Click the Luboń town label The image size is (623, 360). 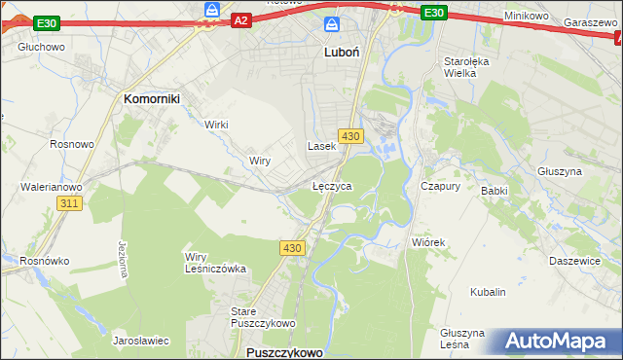pyautogui.click(x=342, y=54)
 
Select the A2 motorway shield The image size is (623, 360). pyautogui.click(x=242, y=19)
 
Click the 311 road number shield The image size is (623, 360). pyautogui.click(x=68, y=203)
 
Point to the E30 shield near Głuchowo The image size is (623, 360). pyautogui.click(x=46, y=22)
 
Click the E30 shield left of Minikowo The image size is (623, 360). pyautogui.click(x=434, y=13)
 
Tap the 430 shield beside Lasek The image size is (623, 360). pyautogui.click(x=351, y=135)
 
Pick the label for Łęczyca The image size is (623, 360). pyautogui.click(x=332, y=185)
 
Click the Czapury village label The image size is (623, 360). pyautogui.click(x=439, y=185)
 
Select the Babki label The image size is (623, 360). pyautogui.click(x=495, y=191)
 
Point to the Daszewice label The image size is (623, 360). pyautogui.click(x=572, y=261)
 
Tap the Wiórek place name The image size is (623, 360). pyautogui.click(x=428, y=242)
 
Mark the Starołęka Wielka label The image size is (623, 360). pyautogui.click(x=465, y=66)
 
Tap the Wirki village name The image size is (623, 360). pyautogui.click(x=216, y=125)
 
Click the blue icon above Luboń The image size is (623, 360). pyautogui.click(x=332, y=23)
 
